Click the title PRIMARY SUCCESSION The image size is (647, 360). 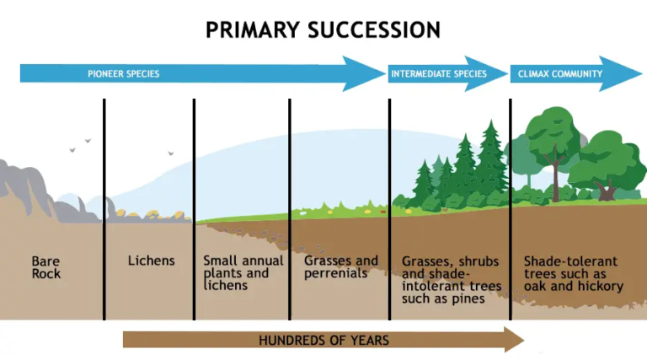tap(323, 30)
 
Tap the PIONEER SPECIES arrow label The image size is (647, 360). tap(123, 74)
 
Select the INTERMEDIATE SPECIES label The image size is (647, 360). tap(438, 74)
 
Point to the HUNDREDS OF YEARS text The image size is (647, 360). tap(323, 341)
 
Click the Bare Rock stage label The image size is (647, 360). tap(46, 267)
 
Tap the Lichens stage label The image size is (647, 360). tap(151, 261)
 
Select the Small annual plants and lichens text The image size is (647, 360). tap(237, 273)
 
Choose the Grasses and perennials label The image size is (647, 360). tap(340, 267)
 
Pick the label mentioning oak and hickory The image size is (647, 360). tap(573, 273)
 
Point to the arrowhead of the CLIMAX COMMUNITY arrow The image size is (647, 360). tap(632, 74)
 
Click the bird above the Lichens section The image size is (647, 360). tap(170, 153)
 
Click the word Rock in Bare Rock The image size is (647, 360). tap(46, 274)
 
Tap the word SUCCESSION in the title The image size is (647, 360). tap(372, 30)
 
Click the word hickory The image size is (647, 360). tap(602, 287)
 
